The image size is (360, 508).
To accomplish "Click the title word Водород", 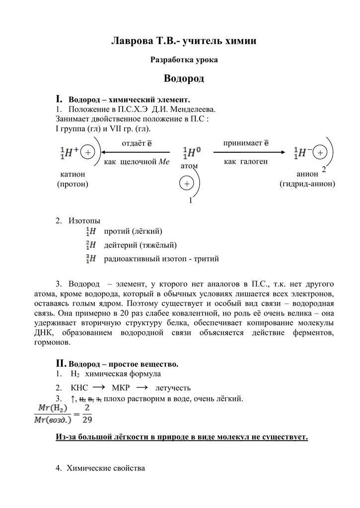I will click(184, 79).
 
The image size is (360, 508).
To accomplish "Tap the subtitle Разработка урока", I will click(184, 60).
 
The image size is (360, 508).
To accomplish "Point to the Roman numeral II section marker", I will click(61, 363).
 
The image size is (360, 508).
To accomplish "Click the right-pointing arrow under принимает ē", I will click(249, 153).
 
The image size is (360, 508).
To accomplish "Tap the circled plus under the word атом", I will click(187, 184).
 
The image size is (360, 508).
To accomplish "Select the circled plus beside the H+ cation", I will click(88, 153).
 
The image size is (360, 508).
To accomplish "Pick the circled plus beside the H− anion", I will click(320, 153).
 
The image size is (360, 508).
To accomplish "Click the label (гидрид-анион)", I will click(307, 184).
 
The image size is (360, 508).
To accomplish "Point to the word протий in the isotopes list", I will click(117, 231).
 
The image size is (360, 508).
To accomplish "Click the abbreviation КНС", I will click(80, 388).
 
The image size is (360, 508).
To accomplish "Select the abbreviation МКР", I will click(122, 388).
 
